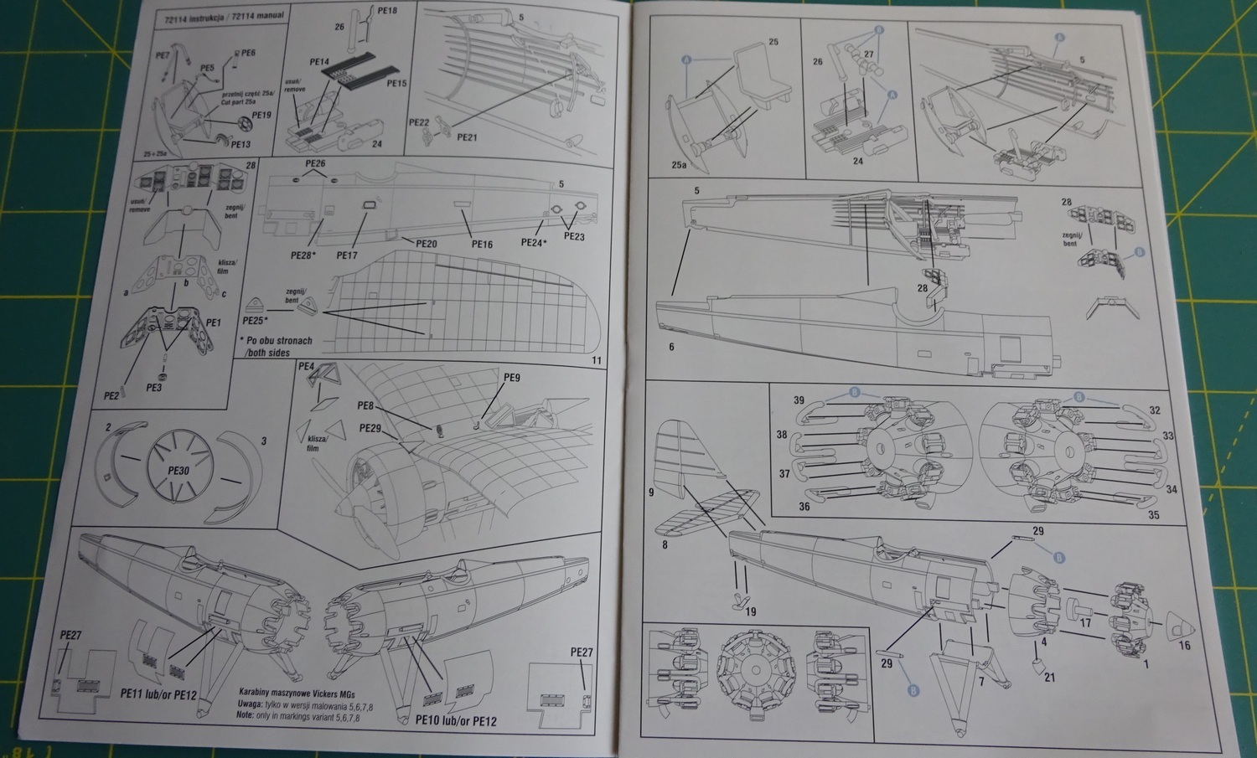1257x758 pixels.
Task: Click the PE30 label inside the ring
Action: point(178,471)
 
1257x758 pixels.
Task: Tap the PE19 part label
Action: point(261,115)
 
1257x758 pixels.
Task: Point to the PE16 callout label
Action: point(482,245)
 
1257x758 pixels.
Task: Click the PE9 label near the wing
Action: point(511,378)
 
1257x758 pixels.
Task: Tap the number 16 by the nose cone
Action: point(1184,645)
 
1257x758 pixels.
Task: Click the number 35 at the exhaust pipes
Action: point(1153,515)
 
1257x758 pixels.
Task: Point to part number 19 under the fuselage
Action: point(750,611)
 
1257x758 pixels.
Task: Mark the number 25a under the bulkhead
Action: point(679,165)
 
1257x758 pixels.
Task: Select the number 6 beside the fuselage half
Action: point(670,346)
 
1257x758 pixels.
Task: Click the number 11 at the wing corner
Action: point(597,360)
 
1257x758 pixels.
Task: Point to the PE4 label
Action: point(306,367)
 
